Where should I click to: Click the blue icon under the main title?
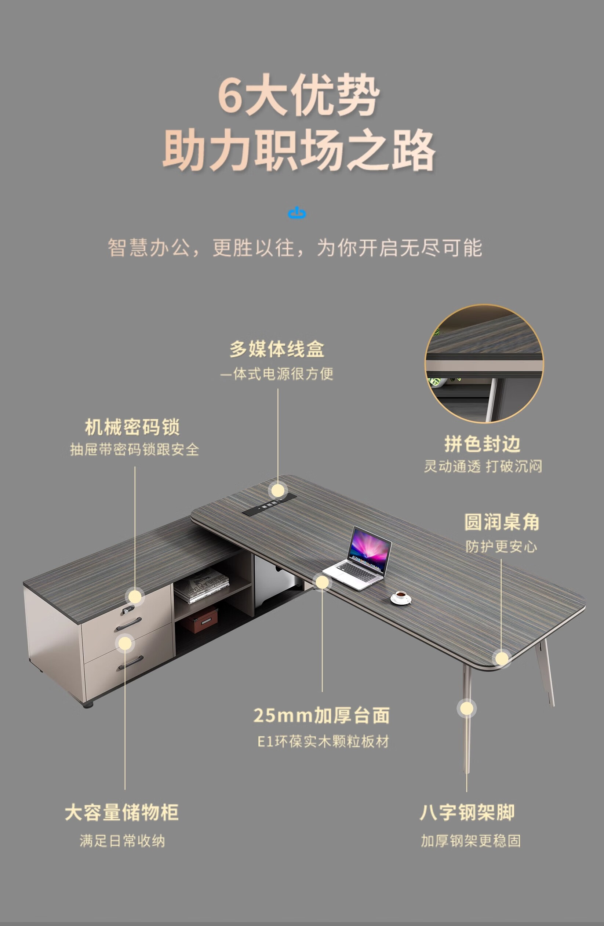pyautogui.click(x=297, y=213)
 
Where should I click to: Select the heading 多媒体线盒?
pyautogui.click(x=277, y=349)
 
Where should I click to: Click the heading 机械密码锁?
pyautogui.click(x=132, y=427)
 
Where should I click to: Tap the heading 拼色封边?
pyautogui.click(x=482, y=444)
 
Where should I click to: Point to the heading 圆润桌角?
pyautogui.click(x=502, y=522)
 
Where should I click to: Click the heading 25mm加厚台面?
pyautogui.click(x=321, y=715)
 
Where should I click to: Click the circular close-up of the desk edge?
pyautogui.click(x=484, y=364)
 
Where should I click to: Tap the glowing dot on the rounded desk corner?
pyautogui.click(x=502, y=659)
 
